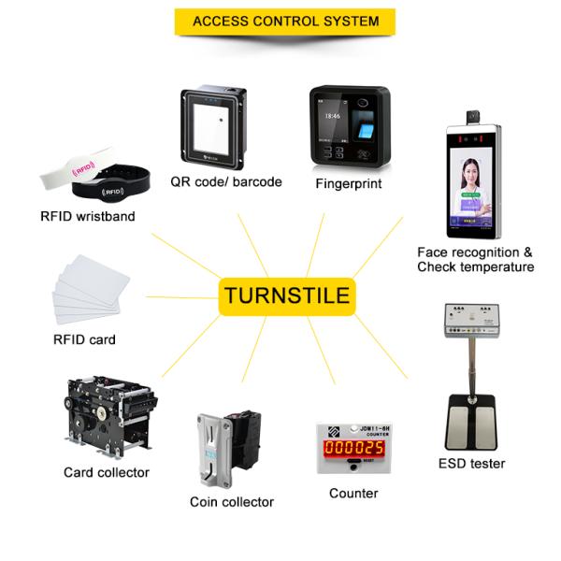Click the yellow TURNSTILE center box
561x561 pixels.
pos(286,296)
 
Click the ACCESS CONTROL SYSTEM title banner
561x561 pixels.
pos(285,21)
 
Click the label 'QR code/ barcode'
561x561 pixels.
pos(226,181)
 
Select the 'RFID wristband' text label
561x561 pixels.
pos(88,217)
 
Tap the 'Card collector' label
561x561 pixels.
pos(107,472)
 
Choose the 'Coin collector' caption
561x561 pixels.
pos(232,502)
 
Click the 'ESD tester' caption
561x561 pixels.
pos(471,464)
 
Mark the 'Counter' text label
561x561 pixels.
pos(353,493)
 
